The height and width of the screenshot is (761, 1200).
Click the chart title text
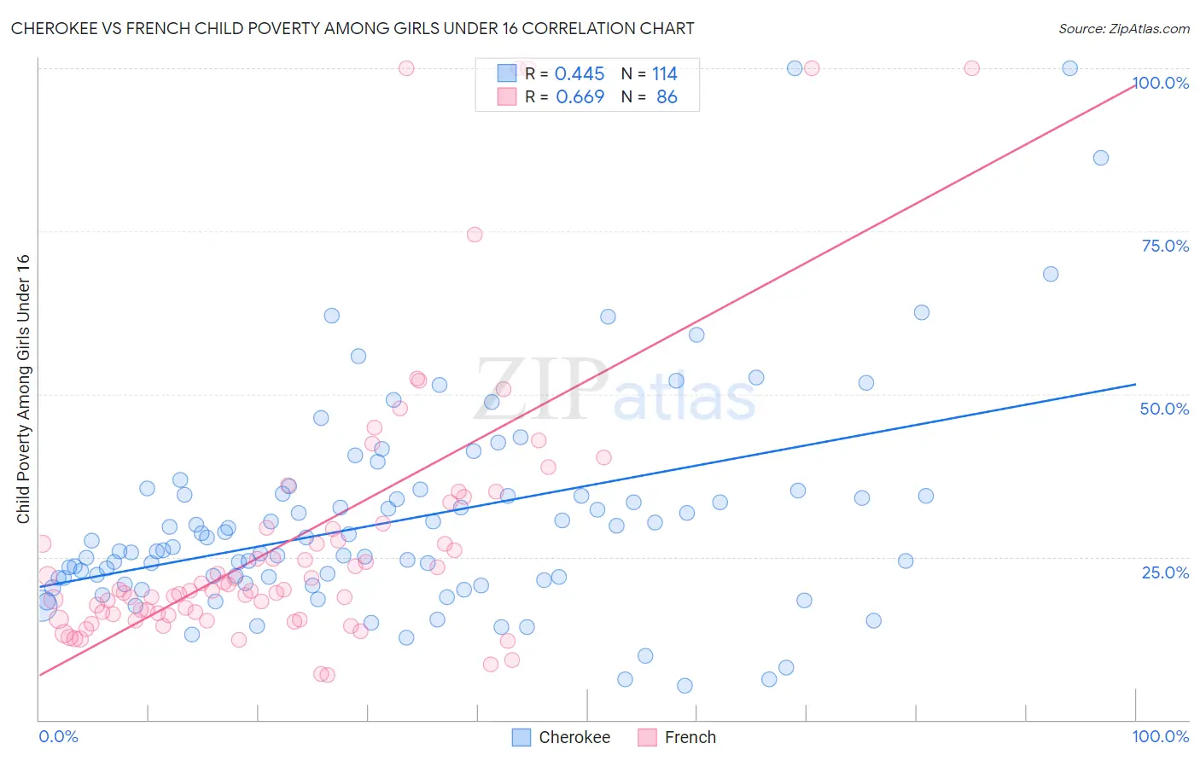pyautogui.click(x=352, y=28)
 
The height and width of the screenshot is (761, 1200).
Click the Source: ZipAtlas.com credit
pyautogui.click(x=1123, y=28)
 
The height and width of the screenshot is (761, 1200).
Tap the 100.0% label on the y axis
pyautogui.click(x=1161, y=83)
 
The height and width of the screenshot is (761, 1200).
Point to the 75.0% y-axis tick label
pyautogui.click(x=1165, y=246)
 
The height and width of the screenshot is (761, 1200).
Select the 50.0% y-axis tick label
pyautogui.click(x=1164, y=409)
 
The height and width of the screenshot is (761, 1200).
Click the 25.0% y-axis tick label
pyautogui.click(x=1165, y=572)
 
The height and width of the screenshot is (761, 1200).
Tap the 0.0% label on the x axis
pyautogui.click(x=58, y=736)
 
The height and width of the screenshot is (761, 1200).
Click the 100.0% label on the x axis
pyautogui.click(x=1160, y=736)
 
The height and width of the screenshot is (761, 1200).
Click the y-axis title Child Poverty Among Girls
pyautogui.click(x=23, y=389)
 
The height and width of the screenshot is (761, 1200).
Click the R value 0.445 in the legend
pyautogui.click(x=580, y=74)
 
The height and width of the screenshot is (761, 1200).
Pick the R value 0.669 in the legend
pyautogui.click(x=580, y=97)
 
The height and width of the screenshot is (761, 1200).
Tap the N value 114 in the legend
pyautogui.click(x=664, y=74)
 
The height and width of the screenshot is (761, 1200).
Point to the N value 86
pyautogui.click(x=667, y=97)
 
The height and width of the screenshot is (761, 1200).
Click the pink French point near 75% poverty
pyautogui.click(x=475, y=235)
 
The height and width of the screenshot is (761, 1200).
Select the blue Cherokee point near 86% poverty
pyautogui.click(x=1101, y=158)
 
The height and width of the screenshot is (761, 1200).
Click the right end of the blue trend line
pyautogui.click(x=1134, y=384)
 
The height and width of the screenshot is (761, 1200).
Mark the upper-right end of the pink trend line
pyautogui.click(x=1133, y=85)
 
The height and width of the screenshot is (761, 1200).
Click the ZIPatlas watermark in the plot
pyautogui.click(x=615, y=391)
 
